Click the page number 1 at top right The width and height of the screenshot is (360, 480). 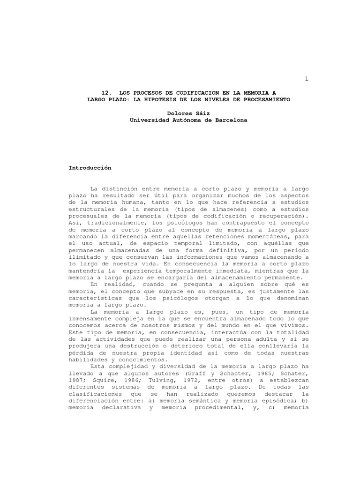pyautogui.click(x=307, y=79)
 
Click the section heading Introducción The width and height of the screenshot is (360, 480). pyautogui.click(x=90, y=167)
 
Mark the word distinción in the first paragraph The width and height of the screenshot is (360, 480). pyautogui.click(x=123, y=188)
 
